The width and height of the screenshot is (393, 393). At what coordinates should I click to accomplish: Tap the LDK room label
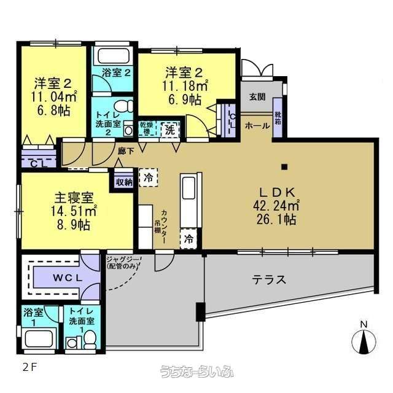277,192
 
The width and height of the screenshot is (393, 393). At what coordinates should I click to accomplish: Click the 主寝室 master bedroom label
74,198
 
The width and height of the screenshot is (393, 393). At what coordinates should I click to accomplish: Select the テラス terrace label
269,280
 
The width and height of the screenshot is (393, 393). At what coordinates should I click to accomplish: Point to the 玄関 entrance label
257,97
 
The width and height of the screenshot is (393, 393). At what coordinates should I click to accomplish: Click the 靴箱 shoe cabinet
278,117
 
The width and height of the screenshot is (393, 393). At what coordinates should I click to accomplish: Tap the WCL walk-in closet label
68,278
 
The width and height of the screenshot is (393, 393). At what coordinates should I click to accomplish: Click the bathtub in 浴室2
114,56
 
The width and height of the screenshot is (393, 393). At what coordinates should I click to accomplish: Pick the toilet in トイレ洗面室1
90,339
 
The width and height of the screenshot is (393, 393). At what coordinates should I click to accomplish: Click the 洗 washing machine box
170,130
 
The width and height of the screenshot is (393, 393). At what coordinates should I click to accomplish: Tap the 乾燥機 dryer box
147,129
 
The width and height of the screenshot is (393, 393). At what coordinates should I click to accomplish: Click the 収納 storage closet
124,182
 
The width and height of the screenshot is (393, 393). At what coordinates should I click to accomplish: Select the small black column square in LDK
284,166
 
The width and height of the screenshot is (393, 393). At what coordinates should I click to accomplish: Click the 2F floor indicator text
30,367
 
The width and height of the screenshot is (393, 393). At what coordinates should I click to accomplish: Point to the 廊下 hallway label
126,151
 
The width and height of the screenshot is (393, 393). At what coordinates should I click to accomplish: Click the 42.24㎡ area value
276,206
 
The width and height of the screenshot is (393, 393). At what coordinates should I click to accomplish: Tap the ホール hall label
257,125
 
